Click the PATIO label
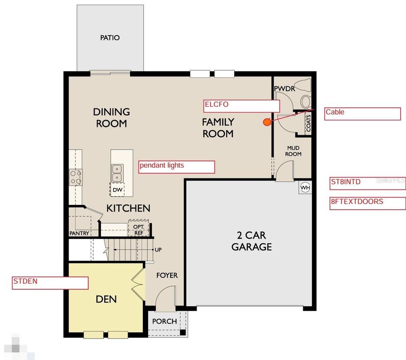point(110,38)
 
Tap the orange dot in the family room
point(267,122)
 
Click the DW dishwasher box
point(117,190)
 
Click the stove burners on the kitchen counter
point(76,177)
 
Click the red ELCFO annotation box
point(242,106)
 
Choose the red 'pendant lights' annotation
point(177,167)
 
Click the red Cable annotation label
point(362,113)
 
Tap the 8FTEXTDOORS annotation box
point(368,203)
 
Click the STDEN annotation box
point(50,283)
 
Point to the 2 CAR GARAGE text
point(252,241)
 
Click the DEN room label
point(106,299)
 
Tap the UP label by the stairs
point(158,250)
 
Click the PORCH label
point(165,321)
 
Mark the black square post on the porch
point(182,332)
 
